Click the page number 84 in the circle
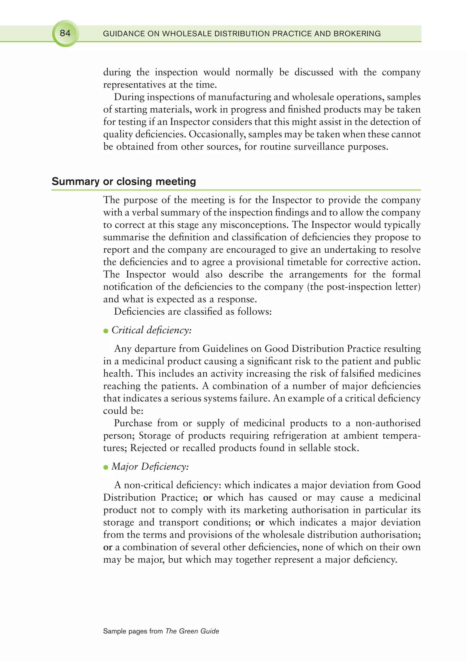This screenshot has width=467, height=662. tap(65, 33)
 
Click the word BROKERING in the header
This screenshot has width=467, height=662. tap(357, 34)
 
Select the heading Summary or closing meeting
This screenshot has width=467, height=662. tap(124, 181)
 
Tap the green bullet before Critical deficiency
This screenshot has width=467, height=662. tap(106, 331)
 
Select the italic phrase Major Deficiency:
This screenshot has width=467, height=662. tap(150, 466)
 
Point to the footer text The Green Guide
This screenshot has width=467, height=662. tap(192, 631)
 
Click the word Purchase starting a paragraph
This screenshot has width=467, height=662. tap(133, 423)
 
